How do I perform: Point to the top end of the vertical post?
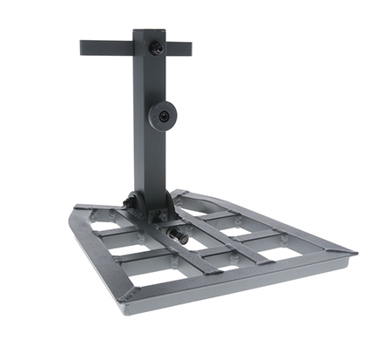pos(149,33)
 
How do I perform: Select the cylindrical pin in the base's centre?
pos(181,236)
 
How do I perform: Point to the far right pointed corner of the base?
pos(354,252)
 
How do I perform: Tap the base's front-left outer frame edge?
pos(100,257)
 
